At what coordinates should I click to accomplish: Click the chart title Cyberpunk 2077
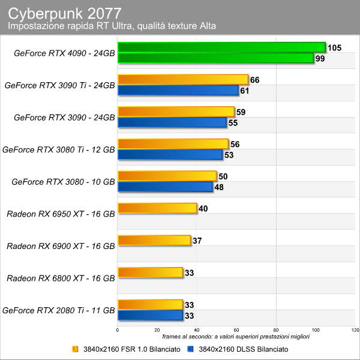(x=65, y=13)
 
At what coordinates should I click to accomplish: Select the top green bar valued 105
(x=221, y=47)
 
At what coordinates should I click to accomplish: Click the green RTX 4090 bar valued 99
(x=215, y=58)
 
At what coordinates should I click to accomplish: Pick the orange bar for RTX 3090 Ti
(x=183, y=79)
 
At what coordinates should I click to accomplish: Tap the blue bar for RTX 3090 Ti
(x=178, y=90)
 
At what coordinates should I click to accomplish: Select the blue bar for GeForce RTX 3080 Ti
(x=170, y=155)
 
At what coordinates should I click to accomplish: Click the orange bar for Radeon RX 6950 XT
(x=157, y=208)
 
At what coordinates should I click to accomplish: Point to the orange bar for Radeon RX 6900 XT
(x=154, y=241)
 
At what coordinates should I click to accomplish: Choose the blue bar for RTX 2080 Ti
(x=150, y=315)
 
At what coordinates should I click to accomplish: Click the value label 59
(x=241, y=112)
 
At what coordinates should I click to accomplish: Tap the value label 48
(x=219, y=187)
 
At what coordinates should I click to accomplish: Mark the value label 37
(x=197, y=241)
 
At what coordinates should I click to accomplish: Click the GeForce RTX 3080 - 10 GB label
(x=63, y=182)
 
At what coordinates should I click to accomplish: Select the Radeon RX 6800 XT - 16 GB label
(x=61, y=278)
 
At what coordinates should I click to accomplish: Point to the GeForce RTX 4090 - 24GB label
(x=64, y=53)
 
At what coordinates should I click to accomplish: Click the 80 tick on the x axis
(x=276, y=330)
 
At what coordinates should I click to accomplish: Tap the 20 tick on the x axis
(x=157, y=330)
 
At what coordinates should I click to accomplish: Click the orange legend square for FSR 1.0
(x=75, y=349)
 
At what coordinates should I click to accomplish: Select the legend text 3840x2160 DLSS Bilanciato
(x=244, y=349)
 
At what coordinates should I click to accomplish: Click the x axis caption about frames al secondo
(x=236, y=337)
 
